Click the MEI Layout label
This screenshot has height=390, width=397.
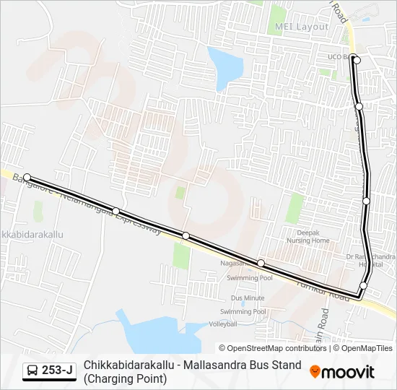point(301,27)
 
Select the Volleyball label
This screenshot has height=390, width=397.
point(223,325)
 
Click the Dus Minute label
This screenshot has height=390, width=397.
point(248,298)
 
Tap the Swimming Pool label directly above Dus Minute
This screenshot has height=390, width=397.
point(250,278)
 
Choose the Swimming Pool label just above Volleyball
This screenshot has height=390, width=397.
point(243,311)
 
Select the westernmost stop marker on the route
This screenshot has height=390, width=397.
point(27,177)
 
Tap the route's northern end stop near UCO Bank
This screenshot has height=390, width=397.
point(355,58)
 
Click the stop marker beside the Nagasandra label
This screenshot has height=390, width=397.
point(261,263)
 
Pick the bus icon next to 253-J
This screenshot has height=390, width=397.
point(32,371)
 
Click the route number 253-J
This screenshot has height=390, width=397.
point(57,371)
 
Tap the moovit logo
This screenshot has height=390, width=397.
point(342,372)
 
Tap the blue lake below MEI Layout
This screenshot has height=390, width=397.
point(225,65)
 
